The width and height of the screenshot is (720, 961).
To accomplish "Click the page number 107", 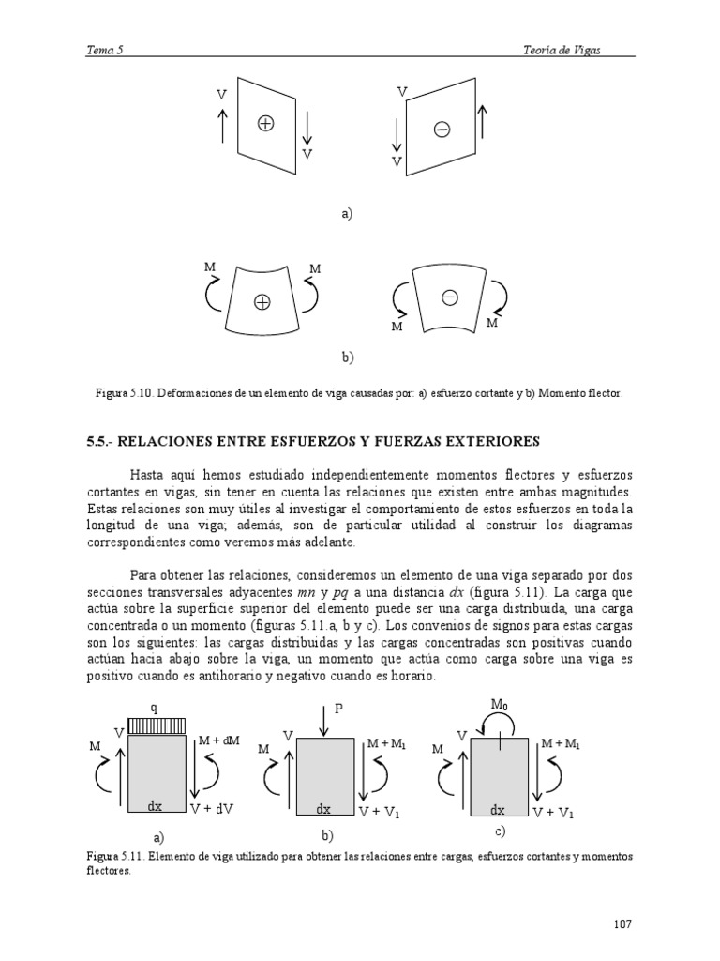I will (623, 924).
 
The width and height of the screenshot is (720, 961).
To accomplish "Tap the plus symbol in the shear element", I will (265, 123).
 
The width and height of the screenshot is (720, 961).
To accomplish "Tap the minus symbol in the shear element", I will (442, 129).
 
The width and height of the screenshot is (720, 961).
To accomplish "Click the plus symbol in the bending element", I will (262, 301).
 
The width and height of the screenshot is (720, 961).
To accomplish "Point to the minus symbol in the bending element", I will (449, 297).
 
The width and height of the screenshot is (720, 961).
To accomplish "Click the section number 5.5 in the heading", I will (101, 441).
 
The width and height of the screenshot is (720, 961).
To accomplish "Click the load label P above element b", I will (340, 710).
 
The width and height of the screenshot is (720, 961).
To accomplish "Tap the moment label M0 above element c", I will (500, 704).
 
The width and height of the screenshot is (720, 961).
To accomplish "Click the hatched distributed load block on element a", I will (157, 726).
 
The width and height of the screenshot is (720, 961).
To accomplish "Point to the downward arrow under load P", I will (322, 721).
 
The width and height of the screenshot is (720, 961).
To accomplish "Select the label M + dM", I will (219, 741).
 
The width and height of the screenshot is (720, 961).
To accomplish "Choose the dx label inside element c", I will (499, 809).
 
